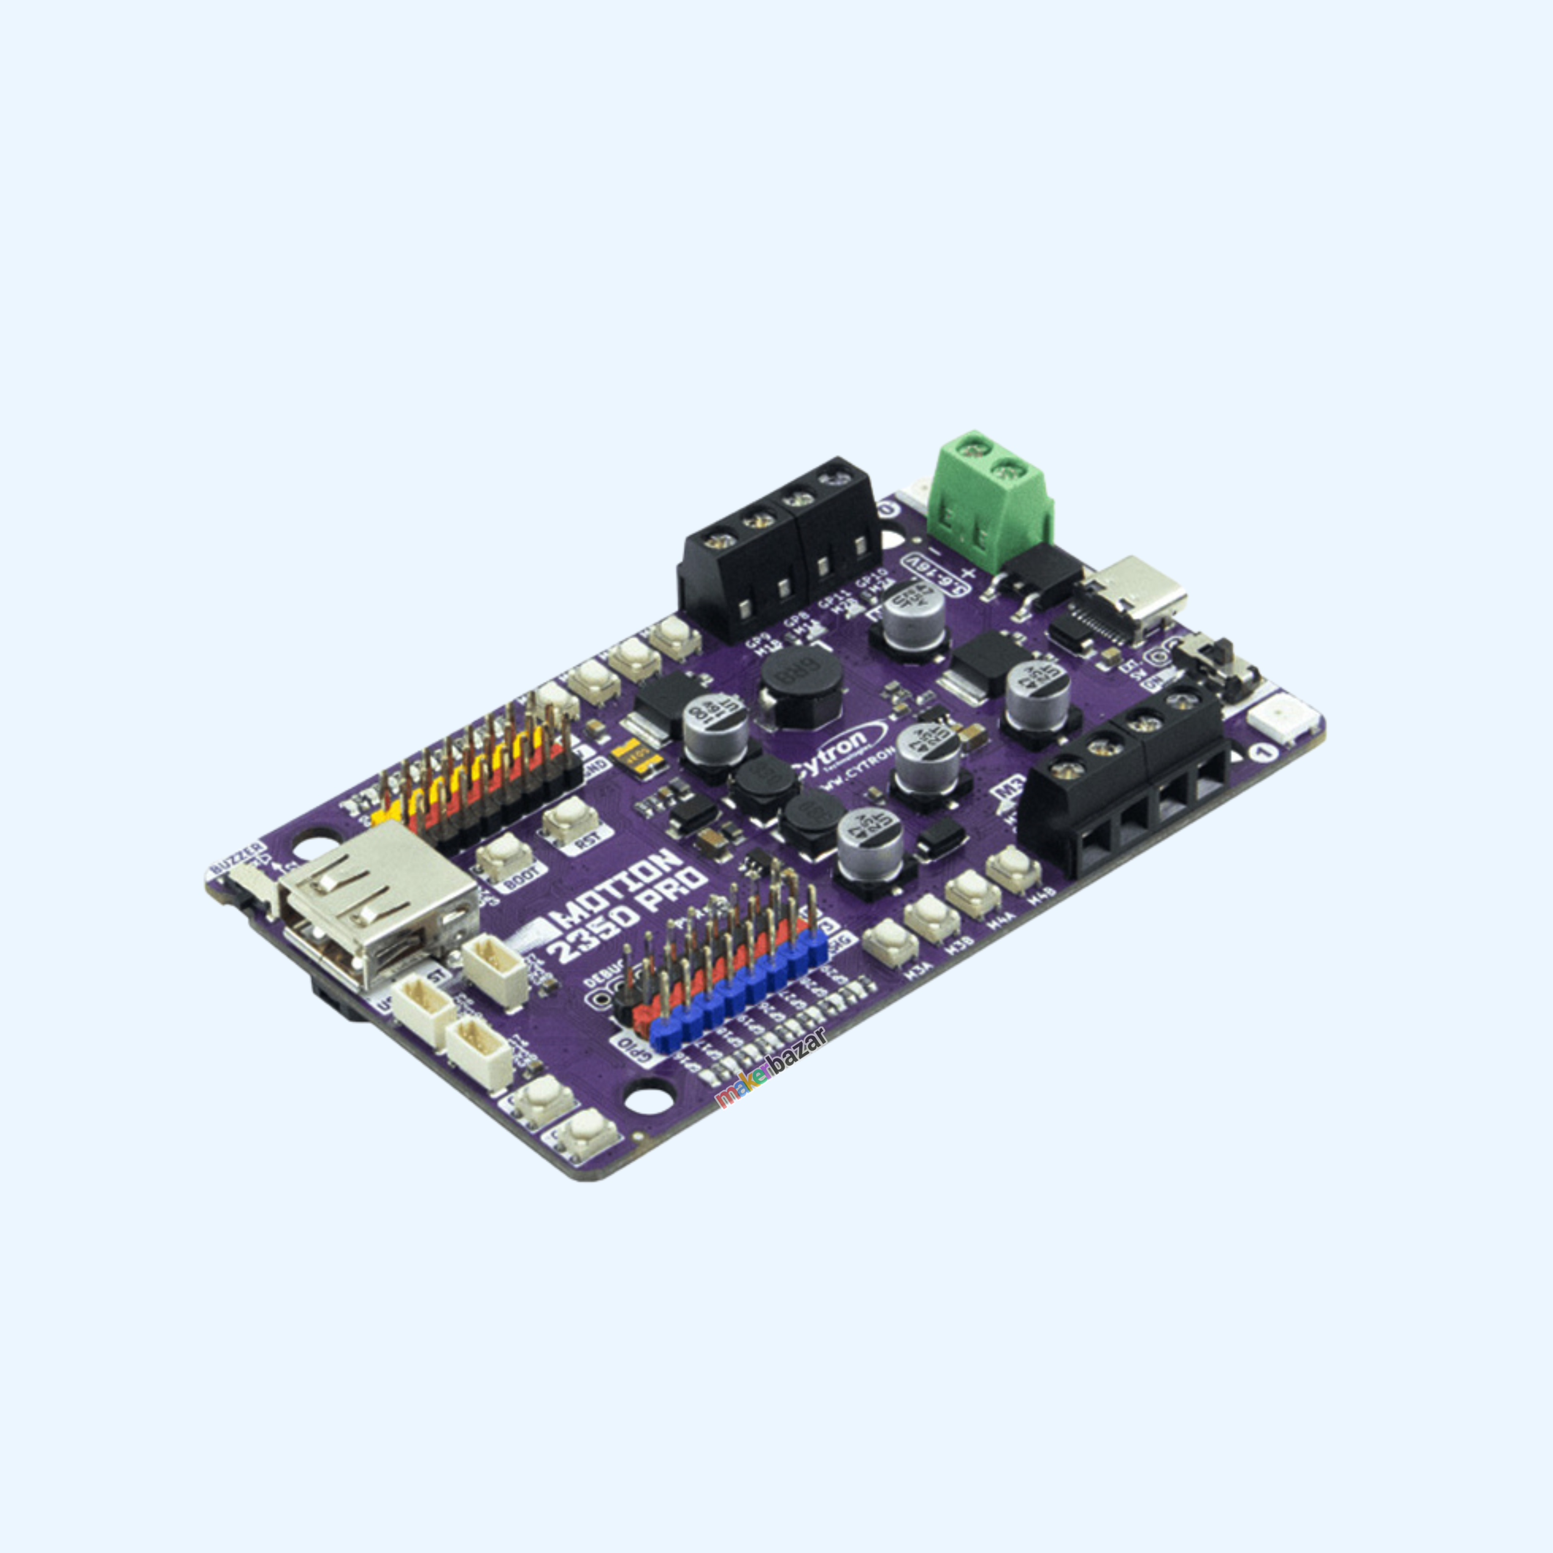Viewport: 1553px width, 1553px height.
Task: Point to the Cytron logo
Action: click(x=836, y=747)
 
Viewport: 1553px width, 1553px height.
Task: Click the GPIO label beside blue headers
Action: click(x=635, y=1050)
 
